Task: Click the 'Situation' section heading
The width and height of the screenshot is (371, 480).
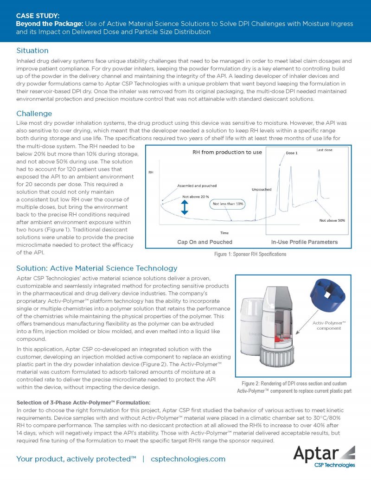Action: pos(32,50)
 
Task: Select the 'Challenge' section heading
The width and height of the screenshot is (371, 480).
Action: pos(34,114)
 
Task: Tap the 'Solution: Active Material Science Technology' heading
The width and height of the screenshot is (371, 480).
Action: pos(96,268)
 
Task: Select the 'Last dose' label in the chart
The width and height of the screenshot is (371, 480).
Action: pos(325,150)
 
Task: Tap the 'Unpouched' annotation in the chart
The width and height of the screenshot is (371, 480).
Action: pos(262,189)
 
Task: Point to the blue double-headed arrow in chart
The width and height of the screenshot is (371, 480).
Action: pos(185,209)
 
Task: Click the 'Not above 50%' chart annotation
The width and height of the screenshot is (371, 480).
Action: pos(332,220)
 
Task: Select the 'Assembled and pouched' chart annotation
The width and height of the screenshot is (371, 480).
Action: pos(197,186)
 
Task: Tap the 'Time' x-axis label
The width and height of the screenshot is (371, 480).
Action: pos(223,233)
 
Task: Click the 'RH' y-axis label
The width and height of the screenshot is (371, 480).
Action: pos(151,172)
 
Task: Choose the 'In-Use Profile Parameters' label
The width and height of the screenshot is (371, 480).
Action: pos(304,242)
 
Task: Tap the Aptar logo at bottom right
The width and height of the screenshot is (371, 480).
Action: pos(325,454)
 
